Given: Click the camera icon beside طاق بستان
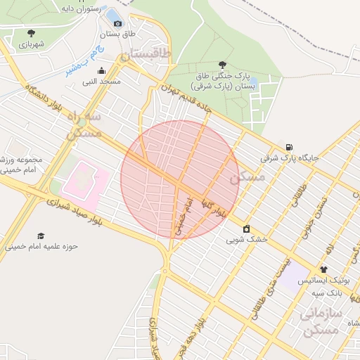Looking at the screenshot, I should pos(117,23).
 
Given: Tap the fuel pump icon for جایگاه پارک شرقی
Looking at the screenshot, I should pos(290,146).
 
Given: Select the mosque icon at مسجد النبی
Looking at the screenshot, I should pos(102,70).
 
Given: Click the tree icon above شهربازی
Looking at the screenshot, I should pos(31,32).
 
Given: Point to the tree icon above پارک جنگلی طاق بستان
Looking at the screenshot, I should pos(223,64).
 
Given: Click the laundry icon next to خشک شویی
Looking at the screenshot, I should pos(246,229).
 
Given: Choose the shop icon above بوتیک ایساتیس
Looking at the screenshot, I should pos(323,269).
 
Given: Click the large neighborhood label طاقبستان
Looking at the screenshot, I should pos(146,54).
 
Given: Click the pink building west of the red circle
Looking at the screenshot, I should pos(84,179).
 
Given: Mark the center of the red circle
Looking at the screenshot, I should pos(180,179).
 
